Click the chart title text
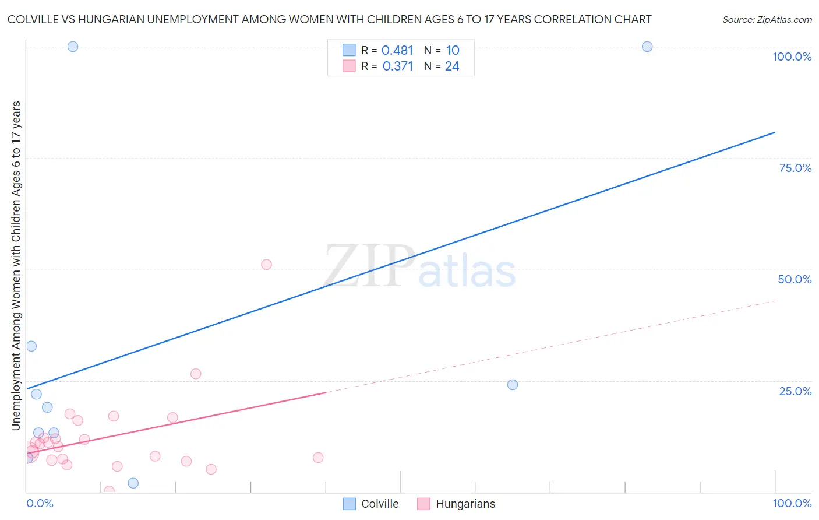coord(329,19)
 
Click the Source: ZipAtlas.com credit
coord(767,19)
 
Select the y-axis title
coord(16,265)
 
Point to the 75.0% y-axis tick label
coord(795,168)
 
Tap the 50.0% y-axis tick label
coord(795,279)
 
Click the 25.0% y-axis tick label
coord(795,391)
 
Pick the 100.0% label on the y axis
coord(792,57)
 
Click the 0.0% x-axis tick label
coord(40,503)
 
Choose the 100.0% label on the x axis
coord(792,503)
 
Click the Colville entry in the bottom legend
coord(371,504)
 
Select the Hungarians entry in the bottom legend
coord(457,504)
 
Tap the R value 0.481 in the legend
coord(397,51)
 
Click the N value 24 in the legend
coord(452,66)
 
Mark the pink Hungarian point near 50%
coord(266,264)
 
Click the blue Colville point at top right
coord(647,47)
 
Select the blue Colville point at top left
coord(73,47)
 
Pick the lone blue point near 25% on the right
coord(513,385)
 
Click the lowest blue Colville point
coord(133,483)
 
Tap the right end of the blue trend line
coord(775,132)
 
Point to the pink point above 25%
coord(196,374)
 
